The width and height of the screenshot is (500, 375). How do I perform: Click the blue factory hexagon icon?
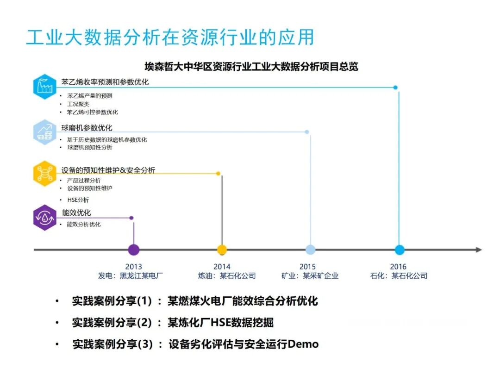click(x=45, y=86)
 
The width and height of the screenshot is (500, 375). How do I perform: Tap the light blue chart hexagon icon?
click(x=45, y=131)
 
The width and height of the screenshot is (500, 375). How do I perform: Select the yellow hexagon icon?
click(x=45, y=173)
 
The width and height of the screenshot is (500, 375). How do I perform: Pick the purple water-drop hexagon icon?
click(x=45, y=217)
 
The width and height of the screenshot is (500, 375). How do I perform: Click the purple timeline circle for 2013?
click(x=133, y=250)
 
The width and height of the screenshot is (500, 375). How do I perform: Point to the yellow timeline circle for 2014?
click(x=222, y=250)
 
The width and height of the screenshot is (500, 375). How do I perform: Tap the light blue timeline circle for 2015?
click(x=311, y=250)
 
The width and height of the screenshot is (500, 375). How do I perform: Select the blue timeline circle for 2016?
click(x=400, y=250)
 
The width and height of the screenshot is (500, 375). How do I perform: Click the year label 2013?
click(x=133, y=267)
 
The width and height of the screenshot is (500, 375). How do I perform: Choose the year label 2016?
click(x=398, y=267)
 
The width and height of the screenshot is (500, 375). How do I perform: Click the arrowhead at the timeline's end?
click(x=479, y=250)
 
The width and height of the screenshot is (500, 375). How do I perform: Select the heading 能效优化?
click(x=76, y=213)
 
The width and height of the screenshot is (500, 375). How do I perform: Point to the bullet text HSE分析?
click(x=78, y=200)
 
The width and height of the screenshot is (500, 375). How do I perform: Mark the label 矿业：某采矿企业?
click(x=310, y=276)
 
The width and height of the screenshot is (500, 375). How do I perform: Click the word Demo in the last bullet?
click(x=303, y=344)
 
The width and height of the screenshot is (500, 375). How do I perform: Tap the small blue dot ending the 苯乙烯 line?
click(x=395, y=87)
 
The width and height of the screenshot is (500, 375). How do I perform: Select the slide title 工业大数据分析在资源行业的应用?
click(x=170, y=37)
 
